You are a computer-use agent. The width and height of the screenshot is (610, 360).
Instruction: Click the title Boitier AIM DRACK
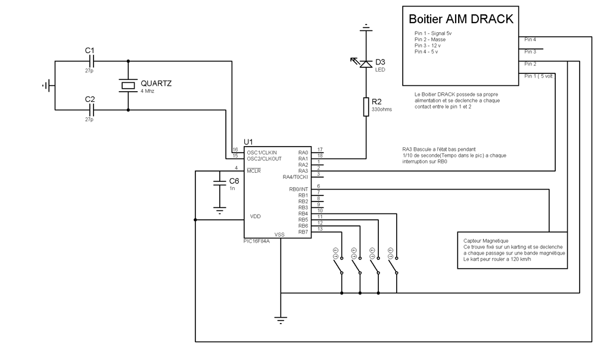point(460,18)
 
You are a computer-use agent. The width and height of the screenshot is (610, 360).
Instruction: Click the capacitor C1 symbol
point(91,61)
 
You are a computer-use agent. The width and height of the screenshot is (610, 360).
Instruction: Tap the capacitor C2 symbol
point(91,110)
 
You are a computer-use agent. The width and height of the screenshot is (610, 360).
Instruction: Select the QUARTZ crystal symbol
point(128,86)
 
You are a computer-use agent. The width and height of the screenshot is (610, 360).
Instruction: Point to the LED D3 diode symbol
point(366,63)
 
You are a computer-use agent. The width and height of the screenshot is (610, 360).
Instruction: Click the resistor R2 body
point(366,107)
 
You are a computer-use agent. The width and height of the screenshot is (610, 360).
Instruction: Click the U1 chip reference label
point(248,141)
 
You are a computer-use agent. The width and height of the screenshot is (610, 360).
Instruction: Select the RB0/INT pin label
point(298,189)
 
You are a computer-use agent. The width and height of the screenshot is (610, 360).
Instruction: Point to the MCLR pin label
point(255,171)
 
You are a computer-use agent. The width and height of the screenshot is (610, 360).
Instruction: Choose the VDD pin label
point(255,216)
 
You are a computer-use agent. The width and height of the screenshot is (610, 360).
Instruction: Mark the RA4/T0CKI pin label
point(295,177)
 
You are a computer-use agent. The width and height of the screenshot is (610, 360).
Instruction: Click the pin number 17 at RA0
point(320,150)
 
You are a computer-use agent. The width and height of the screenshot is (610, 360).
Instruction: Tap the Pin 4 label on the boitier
point(530,40)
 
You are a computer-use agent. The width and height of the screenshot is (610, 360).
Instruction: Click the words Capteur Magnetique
point(485,240)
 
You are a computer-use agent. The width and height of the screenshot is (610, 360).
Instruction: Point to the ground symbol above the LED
point(366,27)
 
